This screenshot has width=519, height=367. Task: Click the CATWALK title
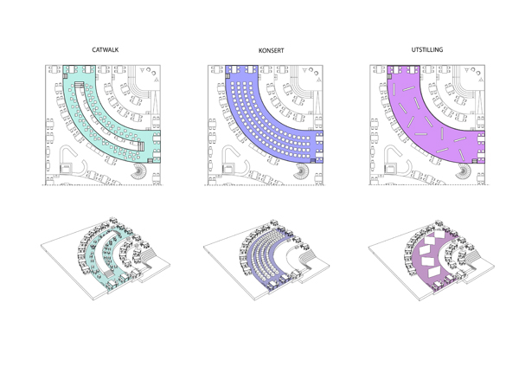[106, 50]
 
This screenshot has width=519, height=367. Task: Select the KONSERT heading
[271, 51]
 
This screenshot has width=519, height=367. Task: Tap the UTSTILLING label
[427, 49]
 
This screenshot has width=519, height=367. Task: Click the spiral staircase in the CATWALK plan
[139, 171]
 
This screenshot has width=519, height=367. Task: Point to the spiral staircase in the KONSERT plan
[302, 171]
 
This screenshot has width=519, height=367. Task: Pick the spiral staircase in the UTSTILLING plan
[464, 171]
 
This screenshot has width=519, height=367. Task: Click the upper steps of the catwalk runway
[80, 85]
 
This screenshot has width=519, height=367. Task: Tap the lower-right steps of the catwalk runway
[141, 146]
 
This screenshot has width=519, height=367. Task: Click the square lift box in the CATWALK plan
[65, 168]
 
